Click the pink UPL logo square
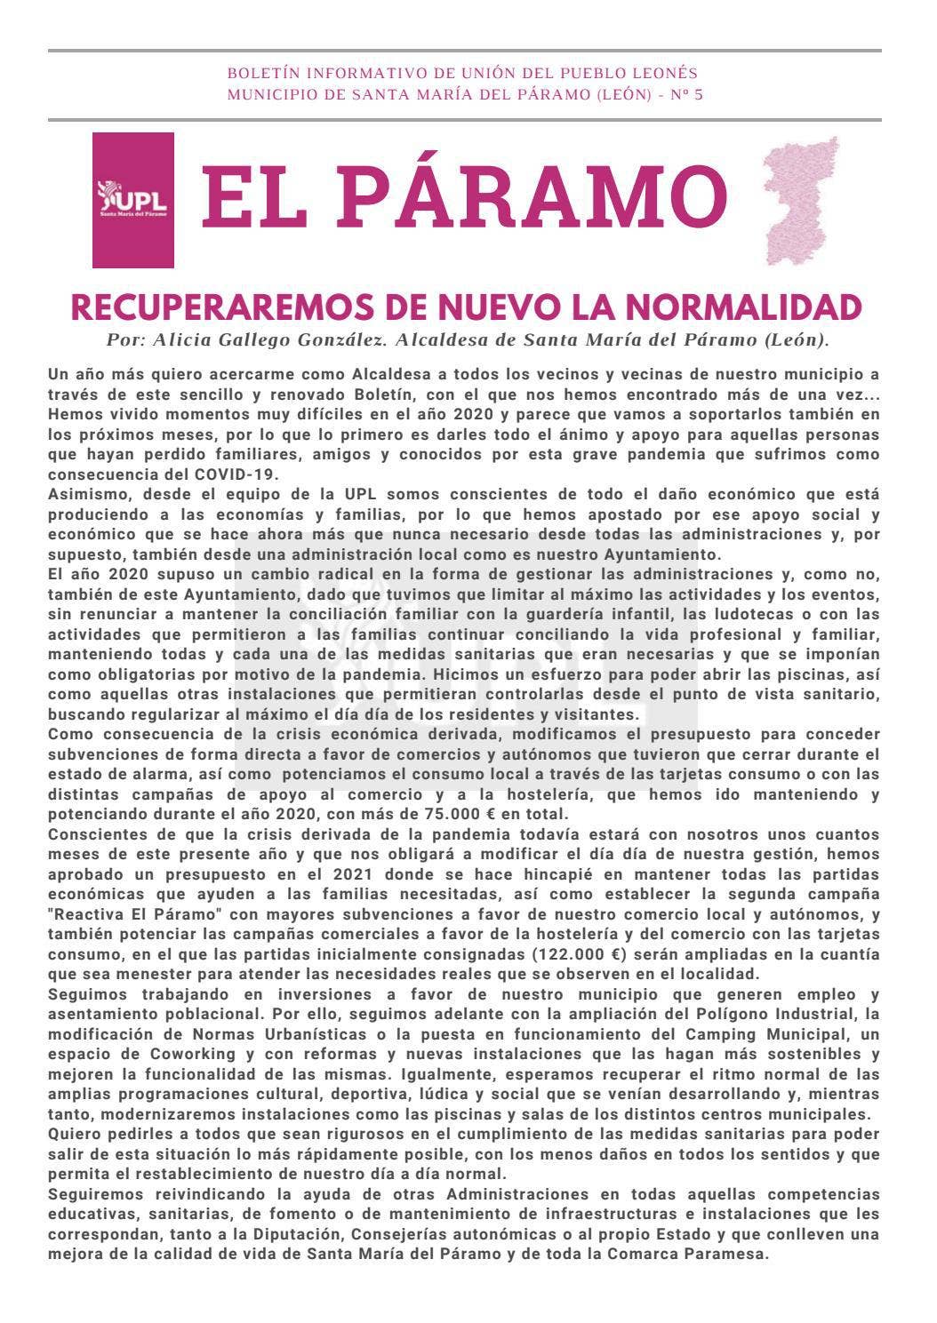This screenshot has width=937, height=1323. (x=133, y=200)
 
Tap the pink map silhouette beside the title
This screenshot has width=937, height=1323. (x=801, y=200)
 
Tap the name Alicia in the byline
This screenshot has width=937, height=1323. (x=186, y=339)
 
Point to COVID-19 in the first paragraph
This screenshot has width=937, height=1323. (x=240, y=474)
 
